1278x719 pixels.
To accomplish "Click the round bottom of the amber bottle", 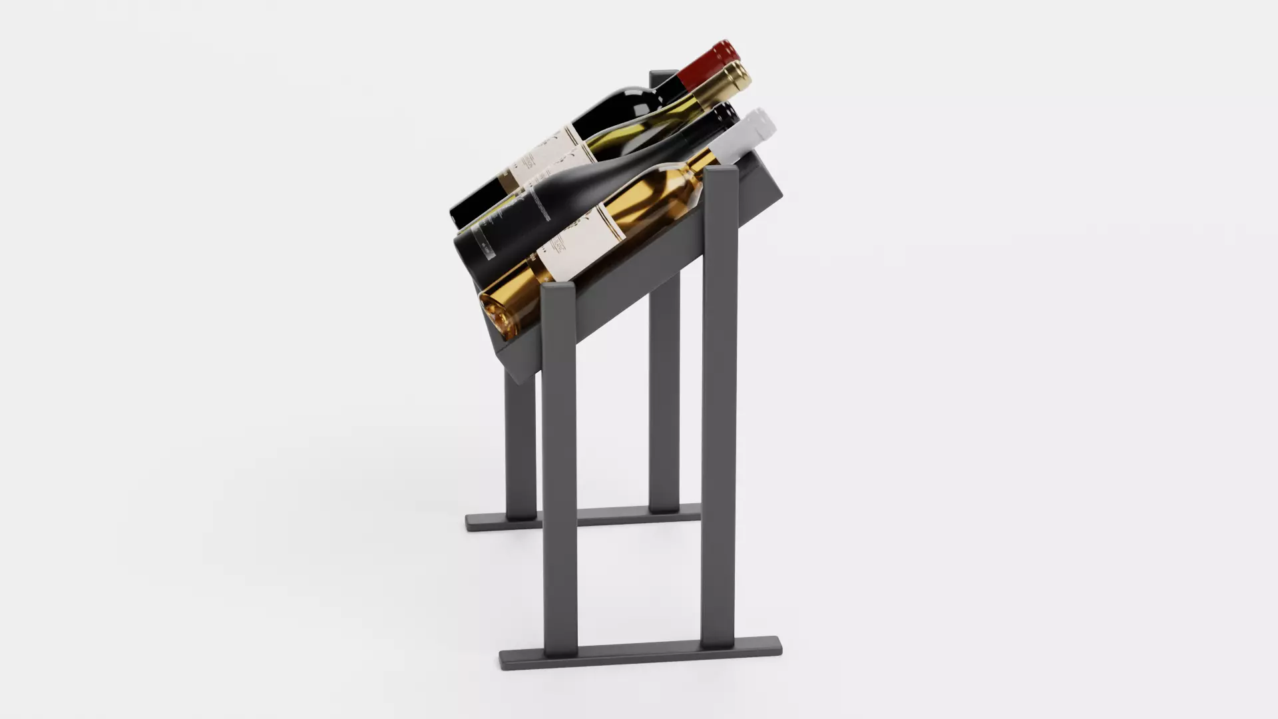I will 496,313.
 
